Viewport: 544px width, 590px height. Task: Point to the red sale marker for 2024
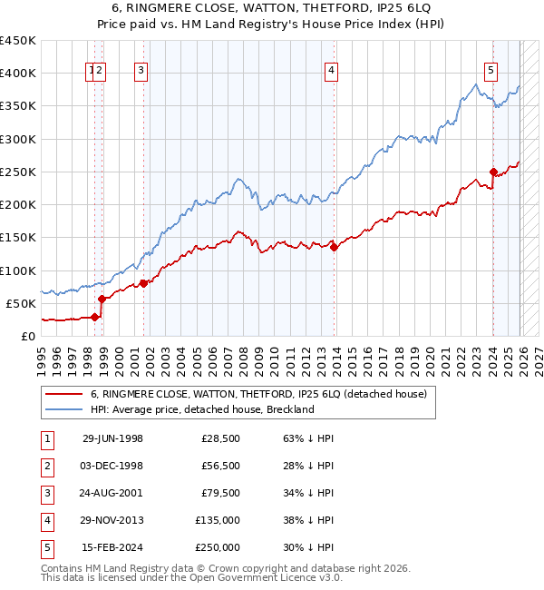(x=493, y=172)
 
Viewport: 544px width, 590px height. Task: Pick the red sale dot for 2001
(x=143, y=283)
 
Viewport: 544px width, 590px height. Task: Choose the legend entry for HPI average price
(x=201, y=409)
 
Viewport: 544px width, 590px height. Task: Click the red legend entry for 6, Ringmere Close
(x=265, y=394)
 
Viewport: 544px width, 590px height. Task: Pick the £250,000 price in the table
(x=218, y=547)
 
